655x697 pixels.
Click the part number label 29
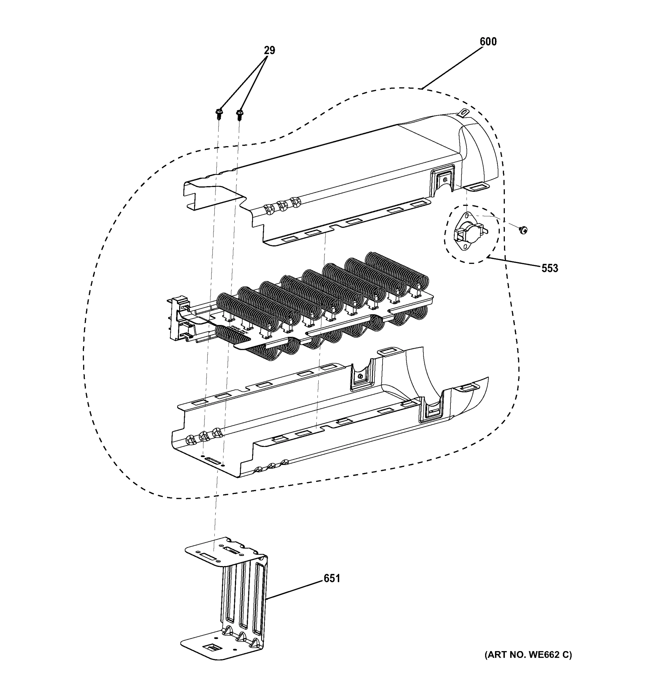point(269,51)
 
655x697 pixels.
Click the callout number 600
point(488,42)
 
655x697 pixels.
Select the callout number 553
point(550,268)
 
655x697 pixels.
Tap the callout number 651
point(332,578)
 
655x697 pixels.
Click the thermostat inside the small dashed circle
point(469,232)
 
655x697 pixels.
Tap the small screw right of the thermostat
point(523,230)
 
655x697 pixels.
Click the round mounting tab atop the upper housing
point(464,113)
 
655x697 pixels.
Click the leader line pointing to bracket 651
point(295,589)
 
